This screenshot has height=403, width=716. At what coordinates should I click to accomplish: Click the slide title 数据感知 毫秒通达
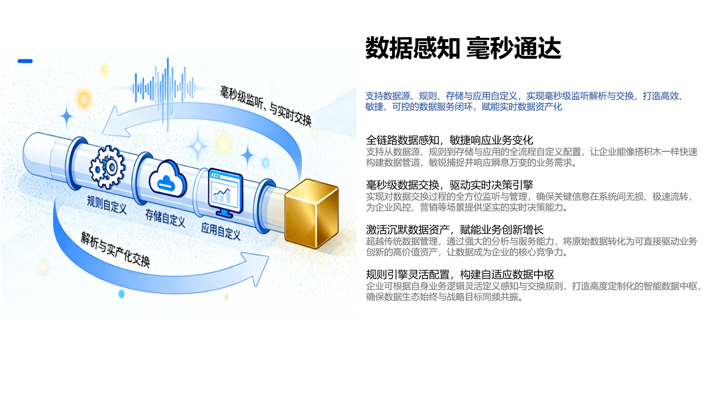[x=463, y=48]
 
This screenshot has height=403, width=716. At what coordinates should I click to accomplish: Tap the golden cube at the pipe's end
[x=311, y=213]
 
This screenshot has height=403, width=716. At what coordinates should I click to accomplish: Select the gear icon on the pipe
[x=107, y=167]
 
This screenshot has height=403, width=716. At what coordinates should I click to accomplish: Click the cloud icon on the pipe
[x=168, y=179]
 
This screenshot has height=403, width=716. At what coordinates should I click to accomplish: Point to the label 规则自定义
[x=107, y=204]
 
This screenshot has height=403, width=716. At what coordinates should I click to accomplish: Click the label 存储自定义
[x=165, y=218]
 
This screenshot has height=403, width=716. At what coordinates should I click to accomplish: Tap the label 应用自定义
[x=221, y=231]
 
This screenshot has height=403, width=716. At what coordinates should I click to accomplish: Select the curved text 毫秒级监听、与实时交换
[x=266, y=106]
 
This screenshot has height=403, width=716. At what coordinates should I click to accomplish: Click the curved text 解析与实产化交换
[x=116, y=249]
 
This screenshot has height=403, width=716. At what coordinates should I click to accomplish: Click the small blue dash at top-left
[x=25, y=61]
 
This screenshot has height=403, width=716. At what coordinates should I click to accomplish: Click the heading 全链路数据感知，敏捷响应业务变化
[x=450, y=140]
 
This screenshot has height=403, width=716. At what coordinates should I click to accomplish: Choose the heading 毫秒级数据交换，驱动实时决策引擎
[x=450, y=185]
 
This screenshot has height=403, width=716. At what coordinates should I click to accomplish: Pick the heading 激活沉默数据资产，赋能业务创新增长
[x=455, y=230]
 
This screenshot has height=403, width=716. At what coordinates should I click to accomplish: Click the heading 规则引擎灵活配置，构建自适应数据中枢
[x=460, y=275]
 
